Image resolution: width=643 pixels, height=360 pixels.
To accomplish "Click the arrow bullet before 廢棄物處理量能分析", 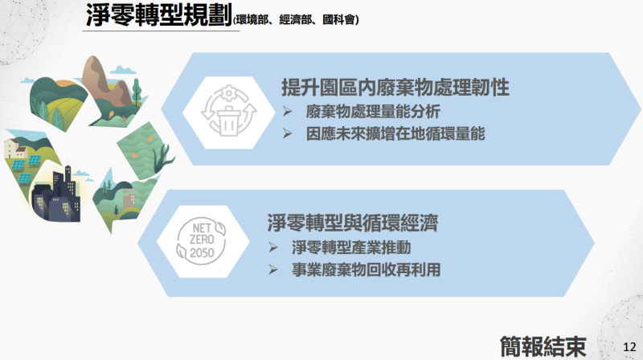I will [288, 110].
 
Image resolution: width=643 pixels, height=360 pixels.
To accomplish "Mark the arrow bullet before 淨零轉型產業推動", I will [273, 247].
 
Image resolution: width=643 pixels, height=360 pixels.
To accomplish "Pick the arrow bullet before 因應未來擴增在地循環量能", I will [288, 133].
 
